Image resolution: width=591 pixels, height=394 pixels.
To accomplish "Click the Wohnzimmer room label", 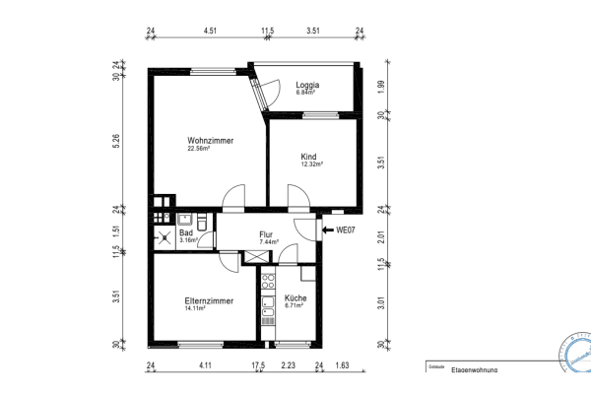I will (x=210, y=141).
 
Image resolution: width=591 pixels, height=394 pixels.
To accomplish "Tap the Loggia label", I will (x=308, y=86).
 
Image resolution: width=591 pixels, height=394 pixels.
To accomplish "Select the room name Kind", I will (x=309, y=156).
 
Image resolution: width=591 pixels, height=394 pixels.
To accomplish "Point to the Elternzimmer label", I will (x=209, y=300).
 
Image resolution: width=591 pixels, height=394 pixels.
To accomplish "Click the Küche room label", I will (x=295, y=297).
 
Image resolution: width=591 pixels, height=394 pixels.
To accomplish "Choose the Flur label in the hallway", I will (x=266, y=233).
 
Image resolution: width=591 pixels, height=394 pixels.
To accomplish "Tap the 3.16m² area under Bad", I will (x=188, y=239).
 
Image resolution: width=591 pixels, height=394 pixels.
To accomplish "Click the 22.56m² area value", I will (x=202, y=149).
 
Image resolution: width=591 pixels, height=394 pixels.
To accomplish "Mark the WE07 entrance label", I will (x=345, y=230).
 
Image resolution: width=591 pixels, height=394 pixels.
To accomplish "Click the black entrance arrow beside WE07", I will (x=327, y=230).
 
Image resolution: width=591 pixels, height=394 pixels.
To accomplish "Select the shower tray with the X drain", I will (x=163, y=236).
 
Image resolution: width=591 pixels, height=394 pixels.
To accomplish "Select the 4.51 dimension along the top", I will (x=209, y=32).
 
